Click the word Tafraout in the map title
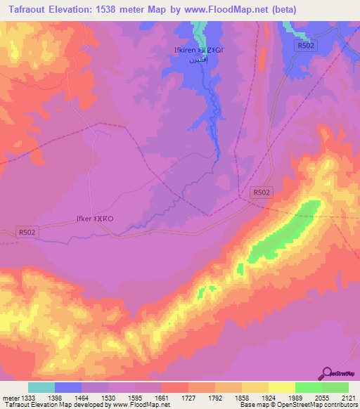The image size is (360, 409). (32, 9)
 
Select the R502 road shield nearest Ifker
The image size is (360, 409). (25, 230)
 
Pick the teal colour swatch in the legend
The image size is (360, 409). (41, 387)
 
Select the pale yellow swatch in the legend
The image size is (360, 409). (282, 387)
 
